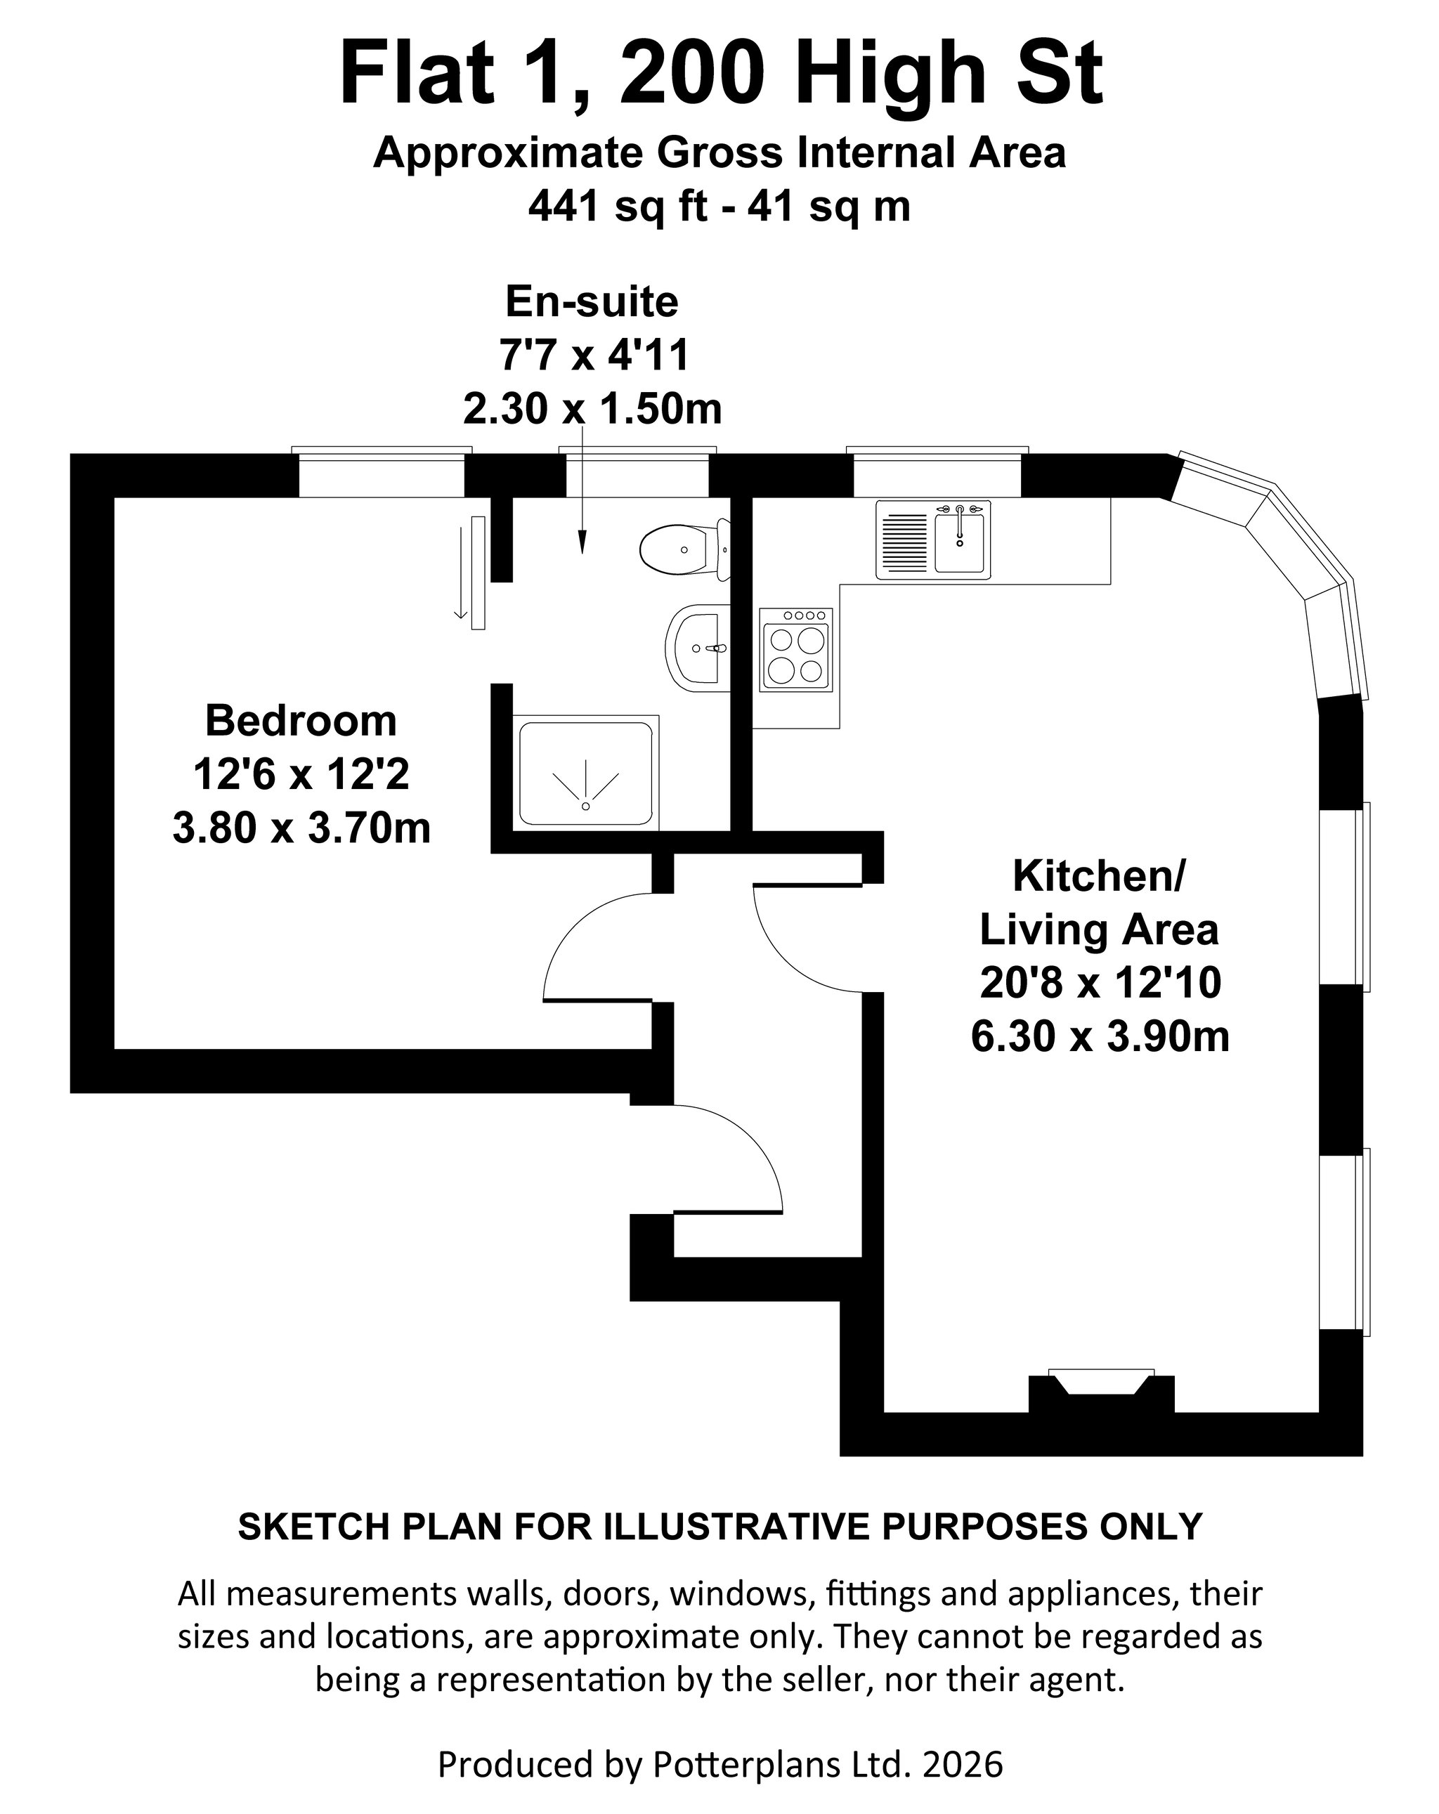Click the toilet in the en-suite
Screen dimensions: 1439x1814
[x=684, y=549]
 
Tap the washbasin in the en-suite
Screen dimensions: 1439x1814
[x=697, y=648]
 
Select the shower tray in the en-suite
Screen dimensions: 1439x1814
[x=587, y=772]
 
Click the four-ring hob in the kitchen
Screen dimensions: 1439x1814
[x=796, y=650]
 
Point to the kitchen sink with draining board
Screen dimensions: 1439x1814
[x=933, y=540]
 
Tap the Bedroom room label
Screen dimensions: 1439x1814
[x=301, y=720]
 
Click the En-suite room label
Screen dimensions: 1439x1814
[x=592, y=301]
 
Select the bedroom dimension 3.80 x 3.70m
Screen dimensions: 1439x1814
[x=301, y=828]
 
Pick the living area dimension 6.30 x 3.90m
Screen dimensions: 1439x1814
[x=1100, y=1036]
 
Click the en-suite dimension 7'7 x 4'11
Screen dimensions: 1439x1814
[x=594, y=355]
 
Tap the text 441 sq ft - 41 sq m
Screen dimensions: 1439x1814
[x=719, y=206]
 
